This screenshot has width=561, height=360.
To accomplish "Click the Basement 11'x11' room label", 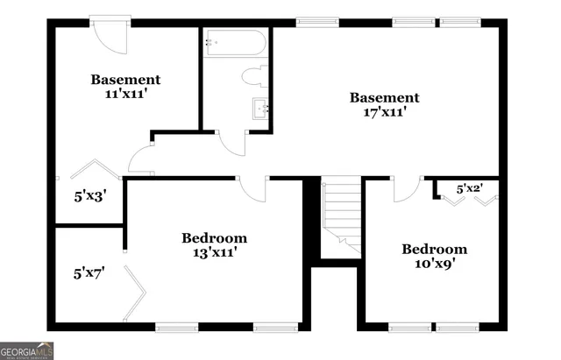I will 126,86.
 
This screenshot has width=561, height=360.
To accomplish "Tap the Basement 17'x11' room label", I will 385,104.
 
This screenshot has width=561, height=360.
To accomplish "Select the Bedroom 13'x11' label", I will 214,244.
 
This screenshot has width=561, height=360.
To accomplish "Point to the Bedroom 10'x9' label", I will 434,255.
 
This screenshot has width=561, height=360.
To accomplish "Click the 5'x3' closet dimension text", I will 89,196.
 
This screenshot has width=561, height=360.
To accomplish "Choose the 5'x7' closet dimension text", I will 89,272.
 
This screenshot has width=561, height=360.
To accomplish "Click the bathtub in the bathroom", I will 234,45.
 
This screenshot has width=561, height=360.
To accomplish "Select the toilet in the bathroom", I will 257,76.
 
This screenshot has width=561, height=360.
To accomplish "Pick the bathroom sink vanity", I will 259,109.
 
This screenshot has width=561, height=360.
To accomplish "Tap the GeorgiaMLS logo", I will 27,350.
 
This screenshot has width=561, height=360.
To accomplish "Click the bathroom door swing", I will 232,143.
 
